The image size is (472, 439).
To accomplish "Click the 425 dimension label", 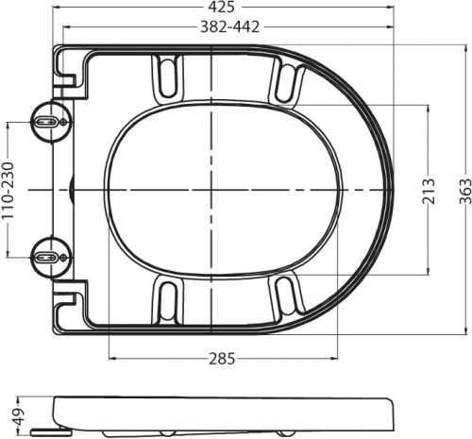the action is (x=222, y=8).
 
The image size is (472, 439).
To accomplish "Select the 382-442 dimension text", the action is (x=230, y=27).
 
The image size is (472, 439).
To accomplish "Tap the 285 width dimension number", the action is (x=222, y=359).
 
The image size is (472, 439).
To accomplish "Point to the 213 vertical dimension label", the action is (x=429, y=191).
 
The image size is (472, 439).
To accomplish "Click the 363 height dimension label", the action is (x=465, y=191).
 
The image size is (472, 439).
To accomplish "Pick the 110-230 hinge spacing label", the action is (x=8, y=191).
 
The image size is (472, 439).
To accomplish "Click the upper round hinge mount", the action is (x=52, y=122).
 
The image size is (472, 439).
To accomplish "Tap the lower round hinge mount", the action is (x=52, y=258).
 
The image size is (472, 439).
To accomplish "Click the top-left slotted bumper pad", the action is (x=167, y=77).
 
